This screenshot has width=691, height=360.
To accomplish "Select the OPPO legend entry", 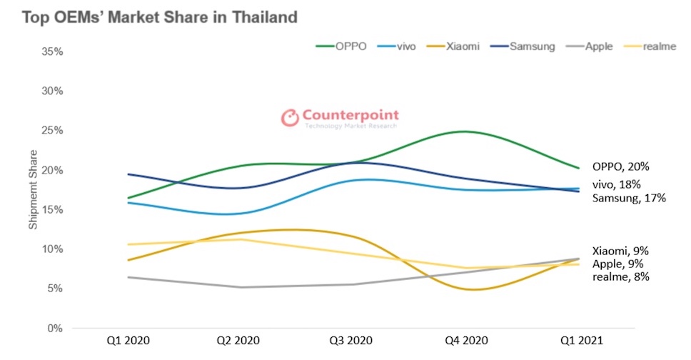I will point(342,47).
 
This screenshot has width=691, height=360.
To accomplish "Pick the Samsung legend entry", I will point(522,47).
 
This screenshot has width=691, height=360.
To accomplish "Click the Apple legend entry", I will point(588,47).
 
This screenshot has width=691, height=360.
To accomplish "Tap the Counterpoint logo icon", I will point(289,118).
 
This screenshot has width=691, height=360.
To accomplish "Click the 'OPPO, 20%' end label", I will point(620,166).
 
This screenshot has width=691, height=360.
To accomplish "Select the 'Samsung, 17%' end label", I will point(629,198).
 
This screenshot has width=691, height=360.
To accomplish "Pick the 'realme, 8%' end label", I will point(620,276).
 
